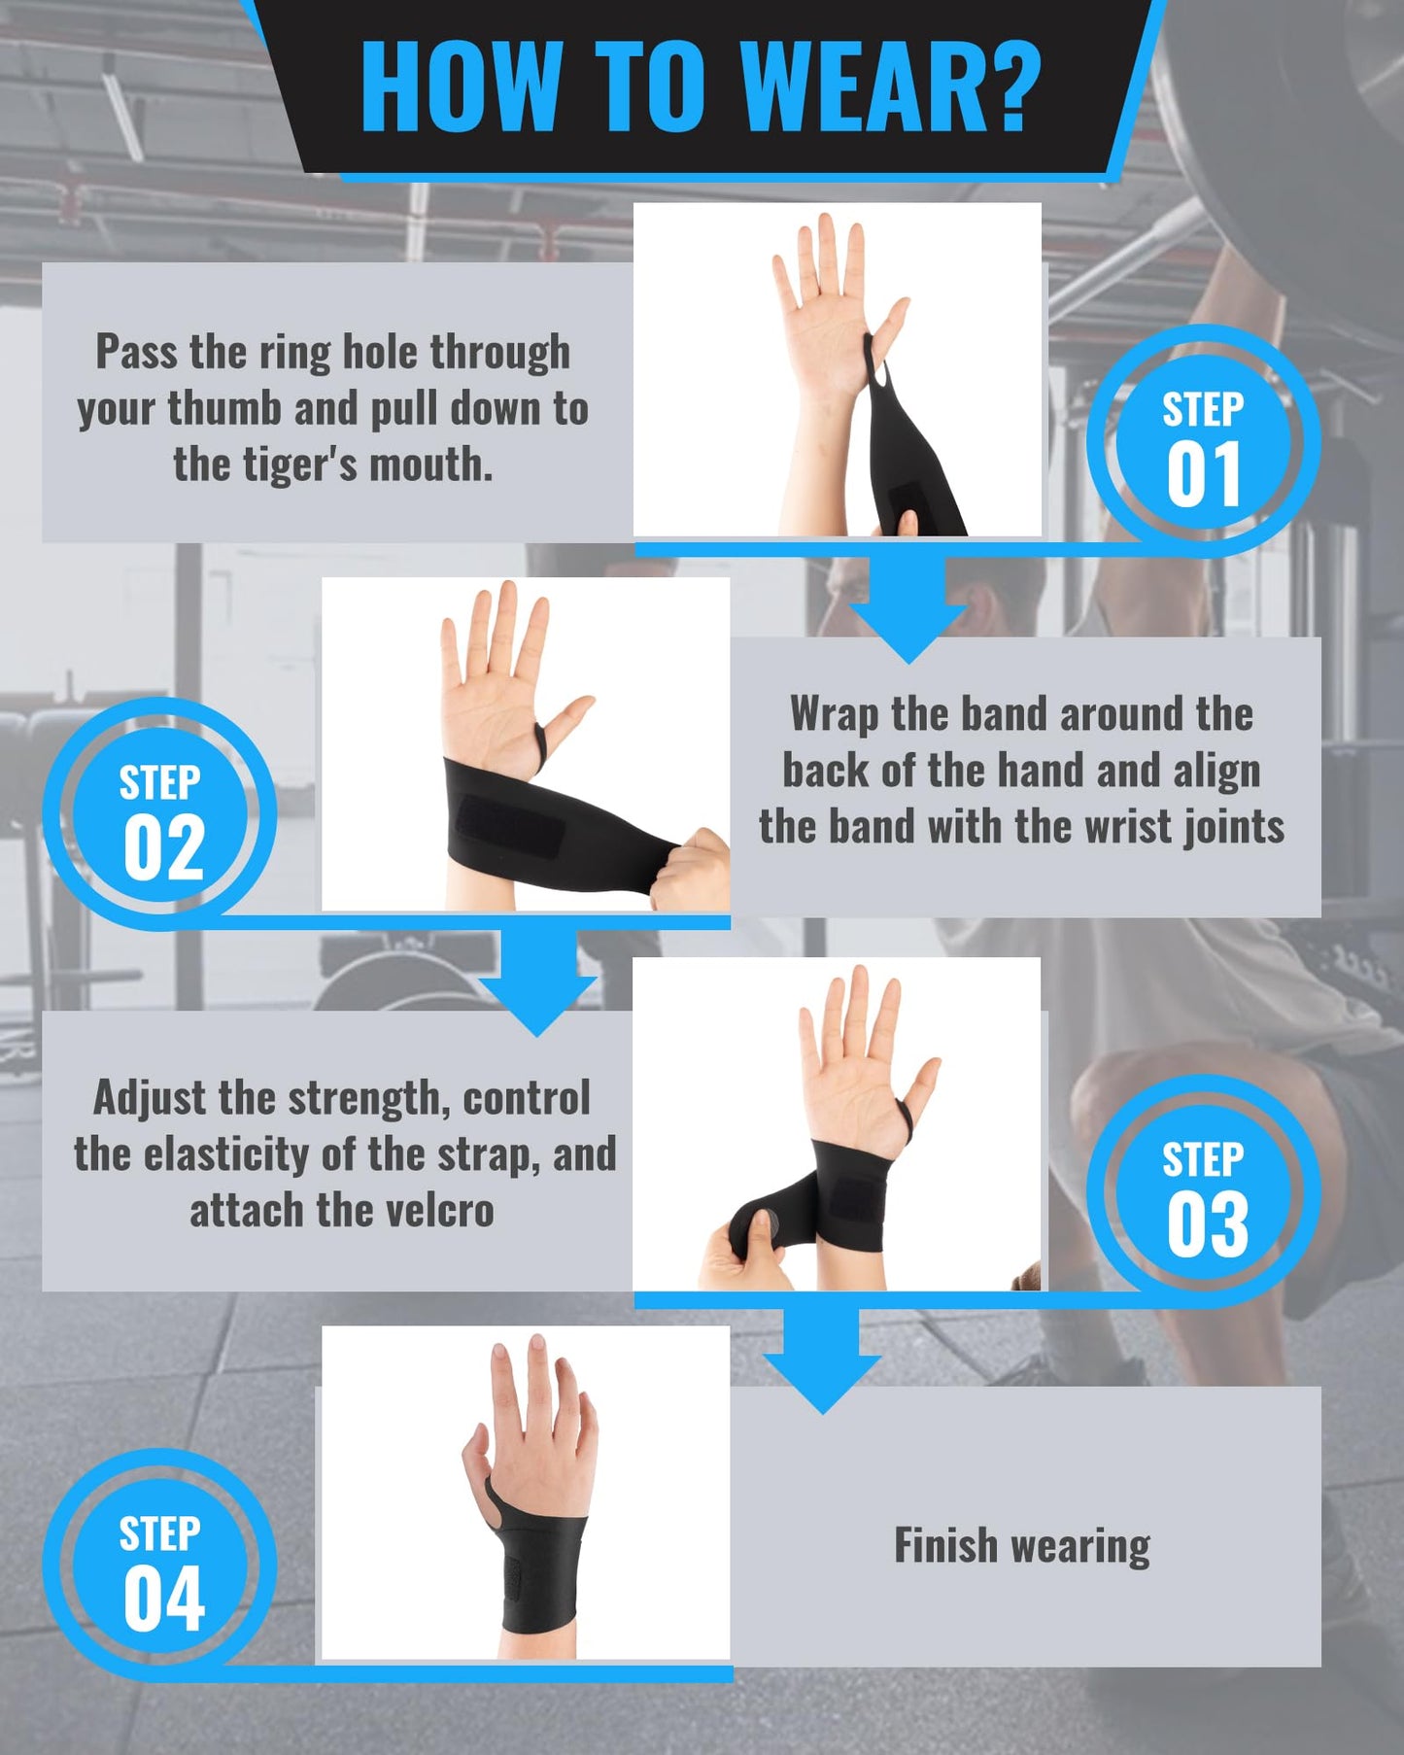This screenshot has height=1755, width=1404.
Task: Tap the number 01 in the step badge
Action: [1203, 475]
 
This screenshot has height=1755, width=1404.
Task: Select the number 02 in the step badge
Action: [163, 848]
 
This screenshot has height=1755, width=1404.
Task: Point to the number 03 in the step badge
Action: [1207, 1224]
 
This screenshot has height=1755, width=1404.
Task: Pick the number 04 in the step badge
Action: [163, 1600]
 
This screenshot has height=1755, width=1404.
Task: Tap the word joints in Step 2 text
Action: [1232, 827]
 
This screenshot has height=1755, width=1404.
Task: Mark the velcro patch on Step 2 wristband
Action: [510, 825]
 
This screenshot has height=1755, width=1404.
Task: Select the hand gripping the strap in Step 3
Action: [743, 1254]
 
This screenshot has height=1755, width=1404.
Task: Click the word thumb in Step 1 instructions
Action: [223, 408]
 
